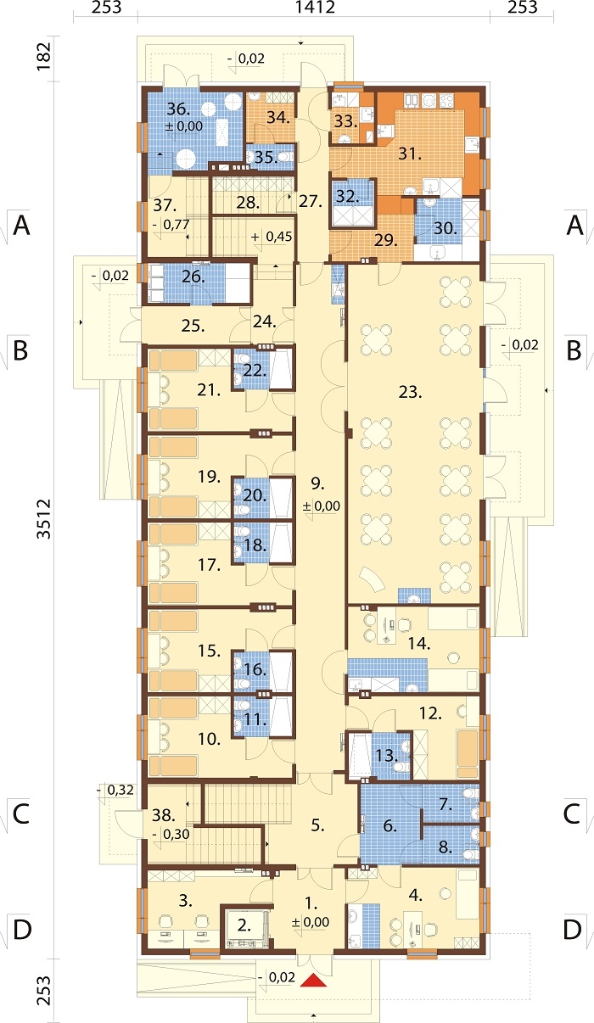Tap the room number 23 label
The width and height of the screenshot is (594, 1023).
coord(410,392)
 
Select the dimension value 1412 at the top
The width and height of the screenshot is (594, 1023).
coord(316,8)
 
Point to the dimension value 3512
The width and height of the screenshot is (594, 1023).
coord(44,519)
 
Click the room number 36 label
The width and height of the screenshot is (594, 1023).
coord(178,109)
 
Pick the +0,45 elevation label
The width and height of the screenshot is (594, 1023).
coord(272,237)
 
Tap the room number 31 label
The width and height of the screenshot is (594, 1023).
coord(410,154)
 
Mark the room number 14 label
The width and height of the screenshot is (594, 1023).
coord(419,644)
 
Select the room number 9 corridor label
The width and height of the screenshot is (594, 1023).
coord(317,484)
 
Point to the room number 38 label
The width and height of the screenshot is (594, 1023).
coord(163,814)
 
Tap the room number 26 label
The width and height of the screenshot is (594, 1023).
coord(193,277)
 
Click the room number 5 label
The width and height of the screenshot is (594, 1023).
coord(317,825)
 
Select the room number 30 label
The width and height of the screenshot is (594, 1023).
coord(445,228)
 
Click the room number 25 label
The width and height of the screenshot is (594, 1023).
coord(193,326)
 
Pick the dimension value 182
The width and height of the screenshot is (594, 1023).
coord(44,57)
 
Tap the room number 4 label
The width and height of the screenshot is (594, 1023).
coord(415,896)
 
